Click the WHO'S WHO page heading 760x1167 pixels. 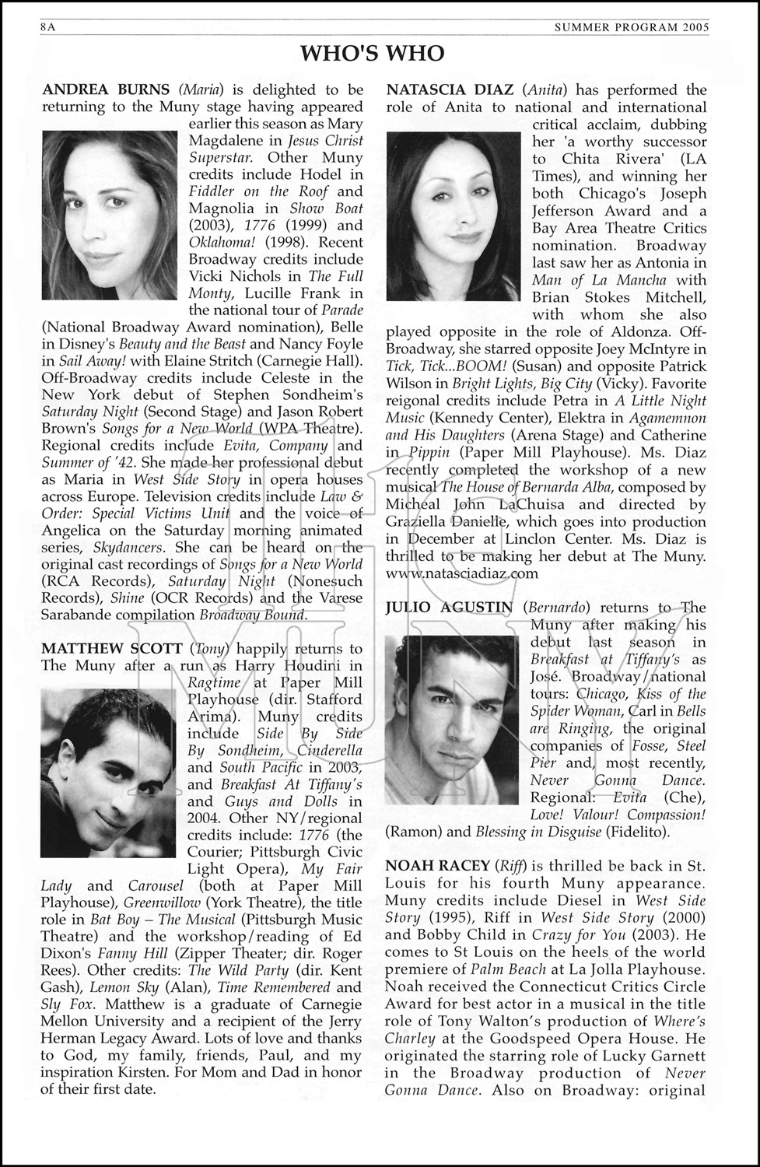point(373,53)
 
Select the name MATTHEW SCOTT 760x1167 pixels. point(112,649)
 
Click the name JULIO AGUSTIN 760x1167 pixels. point(449,608)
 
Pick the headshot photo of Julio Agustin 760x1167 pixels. point(450,720)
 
